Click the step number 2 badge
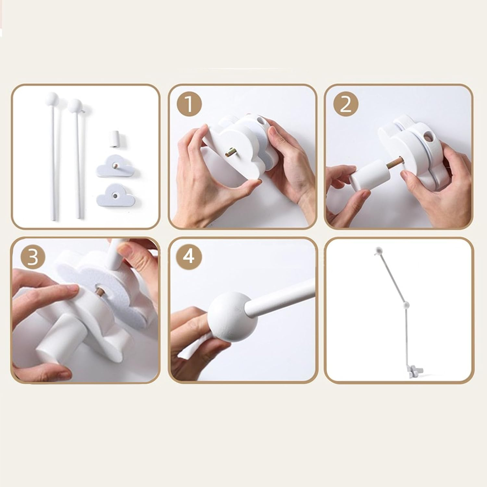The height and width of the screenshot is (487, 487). pos(346,105)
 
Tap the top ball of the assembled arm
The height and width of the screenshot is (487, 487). pos(378,250)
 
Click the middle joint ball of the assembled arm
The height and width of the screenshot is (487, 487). pos(405,305)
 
